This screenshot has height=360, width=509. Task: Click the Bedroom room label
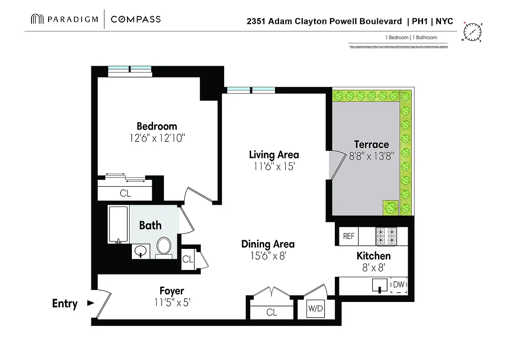(x=157, y=126)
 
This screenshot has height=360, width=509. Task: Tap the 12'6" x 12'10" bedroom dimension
(x=157, y=138)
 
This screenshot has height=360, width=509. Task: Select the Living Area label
(x=274, y=155)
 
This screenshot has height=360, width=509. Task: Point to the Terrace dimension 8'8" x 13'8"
(x=372, y=157)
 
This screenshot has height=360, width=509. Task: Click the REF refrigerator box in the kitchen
(x=349, y=236)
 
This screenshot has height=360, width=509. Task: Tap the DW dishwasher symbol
(x=399, y=285)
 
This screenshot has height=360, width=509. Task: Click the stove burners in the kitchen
(x=386, y=236)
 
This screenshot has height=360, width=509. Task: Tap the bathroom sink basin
(x=142, y=250)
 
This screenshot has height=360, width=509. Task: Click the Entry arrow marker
(x=90, y=303)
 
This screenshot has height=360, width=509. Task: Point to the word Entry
(x=65, y=304)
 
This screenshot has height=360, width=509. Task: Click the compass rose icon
(x=472, y=32)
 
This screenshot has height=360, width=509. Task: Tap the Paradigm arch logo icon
(x=37, y=19)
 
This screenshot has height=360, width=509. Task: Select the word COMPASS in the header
(x=135, y=19)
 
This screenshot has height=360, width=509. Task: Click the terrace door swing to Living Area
(x=334, y=165)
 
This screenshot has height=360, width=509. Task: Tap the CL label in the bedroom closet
(x=125, y=193)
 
